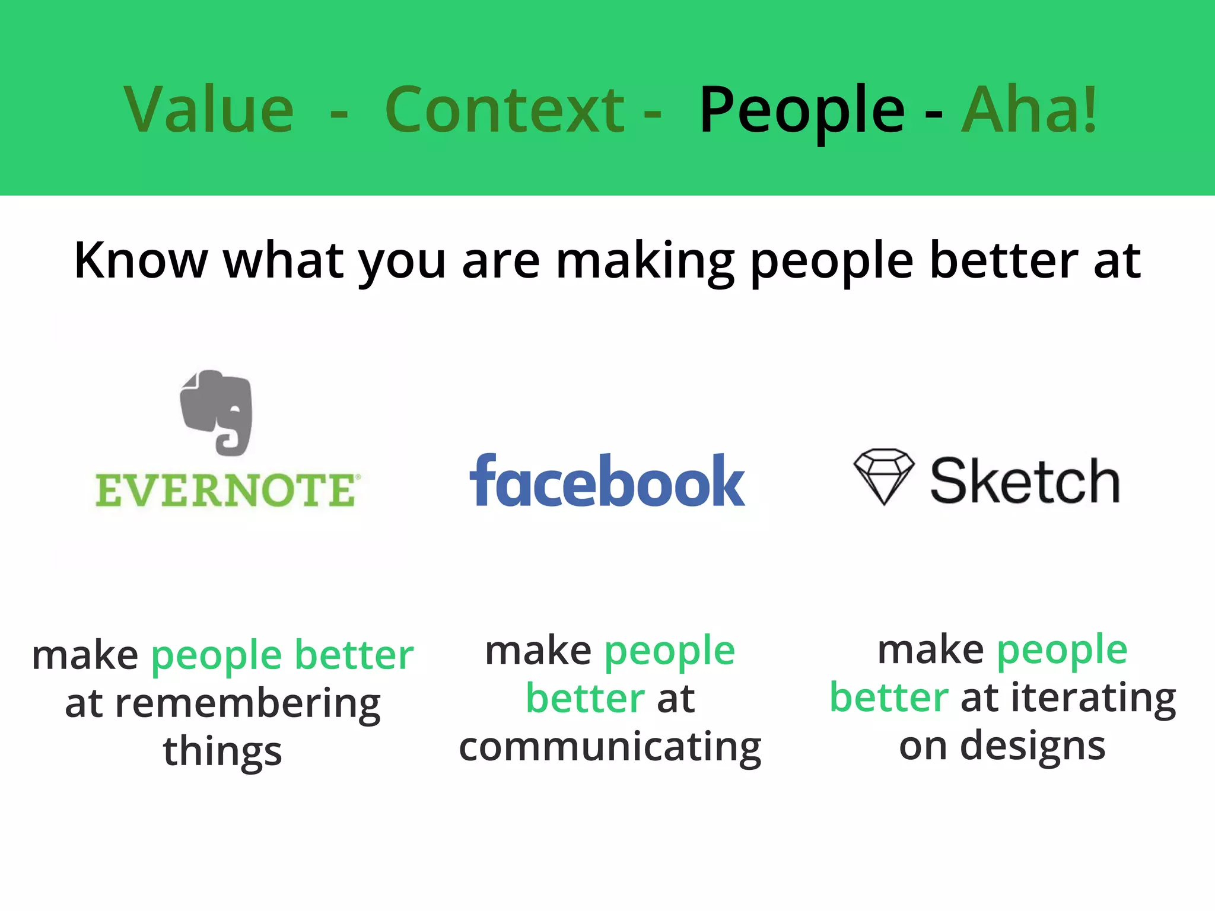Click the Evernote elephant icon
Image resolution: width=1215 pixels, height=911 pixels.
pyautogui.click(x=217, y=412)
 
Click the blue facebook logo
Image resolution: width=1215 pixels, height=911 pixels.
pyautogui.click(x=607, y=481)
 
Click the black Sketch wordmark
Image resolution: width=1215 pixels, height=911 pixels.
pyautogui.click(x=1025, y=481)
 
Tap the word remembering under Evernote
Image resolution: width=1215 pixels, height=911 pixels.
pyautogui.click(x=248, y=703)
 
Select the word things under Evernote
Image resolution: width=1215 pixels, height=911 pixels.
pyautogui.click(x=222, y=751)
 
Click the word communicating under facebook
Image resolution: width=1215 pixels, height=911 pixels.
pyautogui.click(x=610, y=747)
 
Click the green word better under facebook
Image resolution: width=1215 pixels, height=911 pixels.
pyautogui.click(x=585, y=698)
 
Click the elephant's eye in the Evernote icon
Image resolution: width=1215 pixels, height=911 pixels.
pyautogui.click(x=234, y=409)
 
